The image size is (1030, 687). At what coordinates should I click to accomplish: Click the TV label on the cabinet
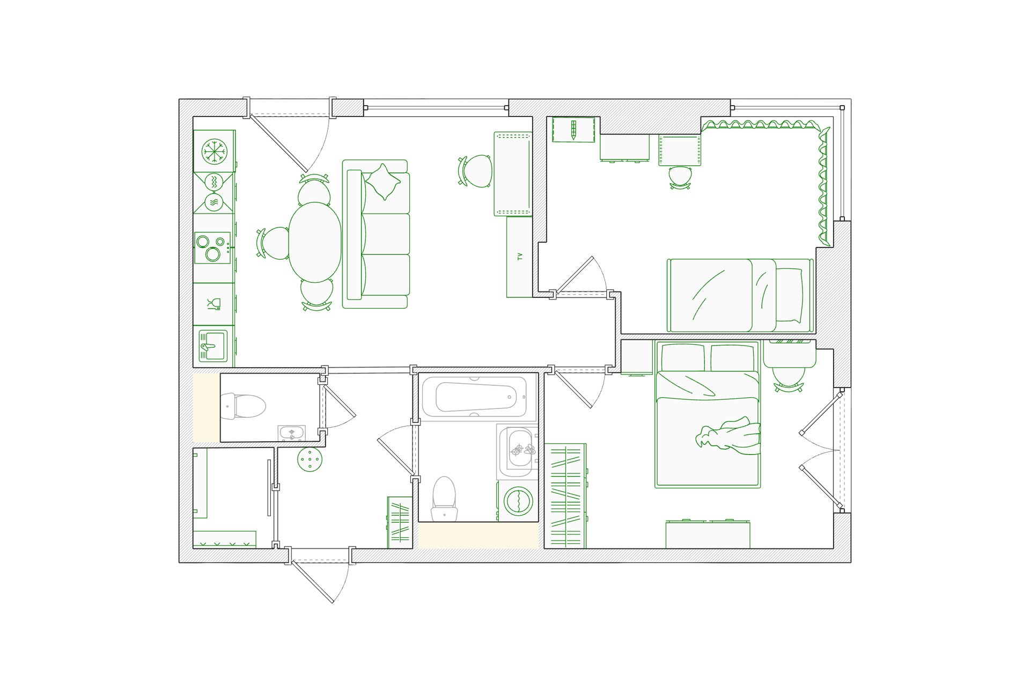(x=519, y=257)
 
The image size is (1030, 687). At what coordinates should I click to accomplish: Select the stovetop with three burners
(x=212, y=247)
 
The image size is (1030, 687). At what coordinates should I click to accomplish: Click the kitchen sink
(x=213, y=346)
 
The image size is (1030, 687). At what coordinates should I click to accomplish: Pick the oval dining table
(x=315, y=242)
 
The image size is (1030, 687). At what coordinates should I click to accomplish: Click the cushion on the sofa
(x=382, y=182)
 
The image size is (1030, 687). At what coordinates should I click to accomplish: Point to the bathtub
(x=474, y=397)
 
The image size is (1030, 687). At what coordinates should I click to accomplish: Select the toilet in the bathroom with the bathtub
(x=444, y=499)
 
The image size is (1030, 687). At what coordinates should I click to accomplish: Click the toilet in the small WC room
(x=244, y=406)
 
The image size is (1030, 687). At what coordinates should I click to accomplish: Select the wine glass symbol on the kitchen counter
(x=214, y=304)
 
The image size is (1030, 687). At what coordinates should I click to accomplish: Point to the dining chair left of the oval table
(x=274, y=243)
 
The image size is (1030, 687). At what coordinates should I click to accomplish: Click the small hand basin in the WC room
(x=291, y=433)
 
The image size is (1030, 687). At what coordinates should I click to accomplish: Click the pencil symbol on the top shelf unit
(x=573, y=130)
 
